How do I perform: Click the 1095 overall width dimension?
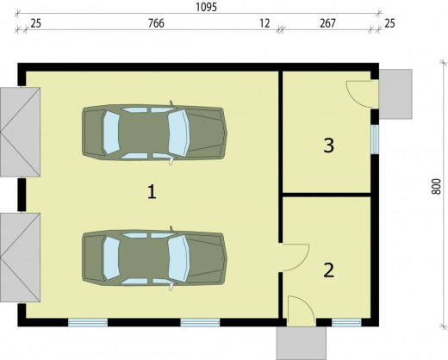point(206,7)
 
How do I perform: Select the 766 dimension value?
point(156,23)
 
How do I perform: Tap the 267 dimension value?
point(327,23)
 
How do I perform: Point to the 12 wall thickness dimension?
point(264,23)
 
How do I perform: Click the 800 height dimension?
point(436,187)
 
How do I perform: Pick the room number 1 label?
point(152,192)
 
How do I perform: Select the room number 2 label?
point(329,270)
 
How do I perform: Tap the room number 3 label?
point(329,146)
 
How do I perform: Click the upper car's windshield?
point(178,133)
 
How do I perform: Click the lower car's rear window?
point(111,259)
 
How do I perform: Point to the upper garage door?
point(20,132)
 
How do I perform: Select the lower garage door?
point(20,258)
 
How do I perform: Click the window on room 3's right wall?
point(375,140)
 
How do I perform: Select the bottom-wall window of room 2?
point(346,323)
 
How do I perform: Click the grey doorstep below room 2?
point(302,343)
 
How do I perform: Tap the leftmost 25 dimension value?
point(35,23)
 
